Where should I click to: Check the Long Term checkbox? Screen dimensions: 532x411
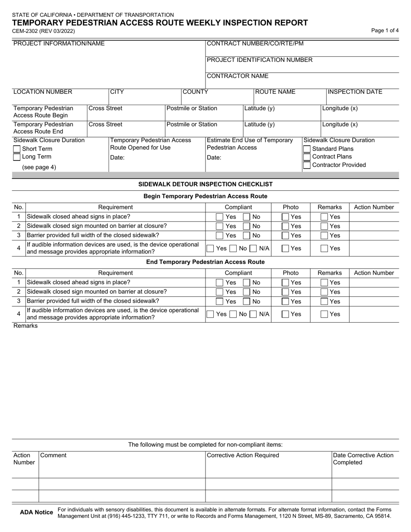(x=17, y=157)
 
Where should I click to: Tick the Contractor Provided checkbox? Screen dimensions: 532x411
(x=307, y=165)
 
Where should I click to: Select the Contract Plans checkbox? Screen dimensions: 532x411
(x=307, y=157)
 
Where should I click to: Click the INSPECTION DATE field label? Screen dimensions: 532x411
(x=355, y=92)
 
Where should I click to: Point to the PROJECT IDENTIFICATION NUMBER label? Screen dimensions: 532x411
(x=260, y=60)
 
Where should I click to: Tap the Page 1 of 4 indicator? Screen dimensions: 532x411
(x=385, y=31)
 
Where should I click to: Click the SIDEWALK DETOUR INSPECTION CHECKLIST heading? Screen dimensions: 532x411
(x=205, y=184)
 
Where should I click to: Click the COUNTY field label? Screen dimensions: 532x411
(x=195, y=92)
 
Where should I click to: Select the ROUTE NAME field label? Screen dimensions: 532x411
(x=275, y=92)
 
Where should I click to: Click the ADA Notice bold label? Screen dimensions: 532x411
(x=37, y=513)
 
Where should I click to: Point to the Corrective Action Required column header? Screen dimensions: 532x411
(x=243, y=455)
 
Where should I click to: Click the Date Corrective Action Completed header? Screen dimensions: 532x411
(x=363, y=459)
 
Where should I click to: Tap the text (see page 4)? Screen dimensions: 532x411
(x=39, y=167)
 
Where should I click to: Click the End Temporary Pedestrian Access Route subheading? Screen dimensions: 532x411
(x=205, y=262)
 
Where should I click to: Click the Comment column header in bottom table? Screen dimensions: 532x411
(x=54, y=455)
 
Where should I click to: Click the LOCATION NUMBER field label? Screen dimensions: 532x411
(x=43, y=92)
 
